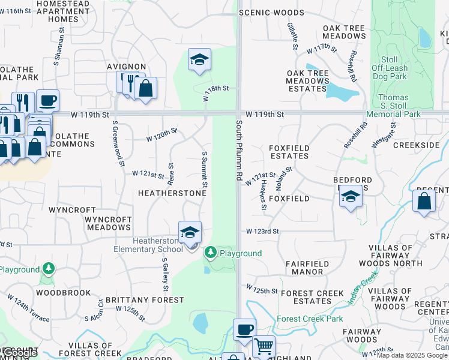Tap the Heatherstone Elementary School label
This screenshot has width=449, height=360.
[148, 245]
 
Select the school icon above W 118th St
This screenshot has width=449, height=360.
[199, 60]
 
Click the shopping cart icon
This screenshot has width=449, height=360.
[264, 347]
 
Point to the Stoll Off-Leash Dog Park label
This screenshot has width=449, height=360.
[389, 68]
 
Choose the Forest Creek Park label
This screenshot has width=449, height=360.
[310, 319]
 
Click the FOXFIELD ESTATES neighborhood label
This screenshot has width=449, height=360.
[289, 150]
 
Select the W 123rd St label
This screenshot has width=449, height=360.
[262, 231]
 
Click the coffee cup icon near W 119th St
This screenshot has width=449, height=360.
[47, 101]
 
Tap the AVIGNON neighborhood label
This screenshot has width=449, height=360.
[127, 66]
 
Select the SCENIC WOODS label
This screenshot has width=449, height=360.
[271, 12]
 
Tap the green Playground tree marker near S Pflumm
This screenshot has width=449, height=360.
[210, 253]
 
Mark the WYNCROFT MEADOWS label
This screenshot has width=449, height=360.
[109, 223]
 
